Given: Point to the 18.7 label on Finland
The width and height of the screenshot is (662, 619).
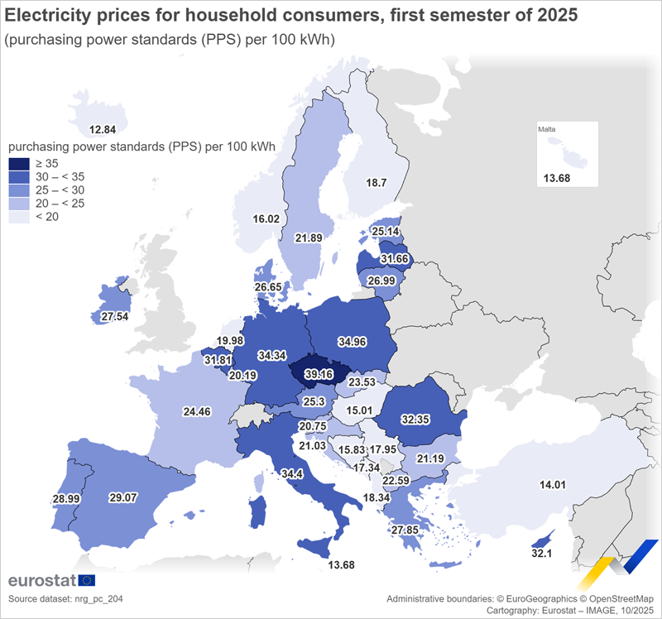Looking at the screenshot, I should coord(377,182).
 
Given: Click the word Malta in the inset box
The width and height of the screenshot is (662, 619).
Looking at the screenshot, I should coord(547,130).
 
